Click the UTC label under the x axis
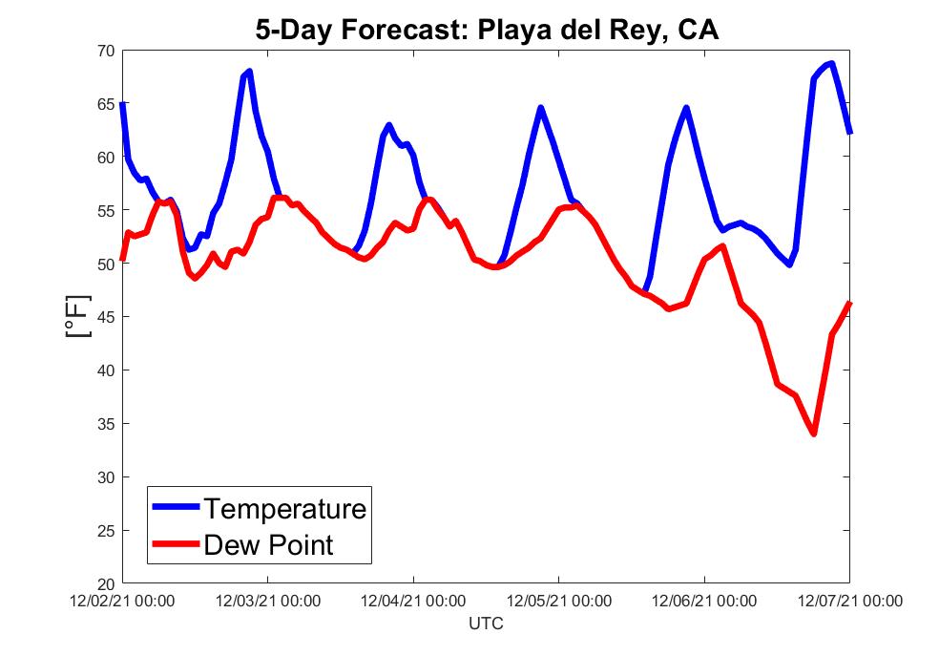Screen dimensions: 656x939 click(x=486, y=624)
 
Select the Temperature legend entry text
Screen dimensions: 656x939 click(x=284, y=508)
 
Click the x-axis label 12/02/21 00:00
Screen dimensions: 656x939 click(x=122, y=602)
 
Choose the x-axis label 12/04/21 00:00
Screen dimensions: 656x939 click(x=413, y=602)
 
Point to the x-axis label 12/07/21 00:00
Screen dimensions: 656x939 click(x=849, y=602)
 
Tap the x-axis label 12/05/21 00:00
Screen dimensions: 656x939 click(x=559, y=602)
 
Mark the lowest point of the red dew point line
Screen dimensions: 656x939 click(x=813, y=434)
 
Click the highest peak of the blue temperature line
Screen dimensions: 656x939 click(x=832, y=64)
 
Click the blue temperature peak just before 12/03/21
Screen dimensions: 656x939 click(x=249, y=72)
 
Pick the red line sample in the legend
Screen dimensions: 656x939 click(x=175, y=545)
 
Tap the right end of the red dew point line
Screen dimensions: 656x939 click(x=849, y=303)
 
